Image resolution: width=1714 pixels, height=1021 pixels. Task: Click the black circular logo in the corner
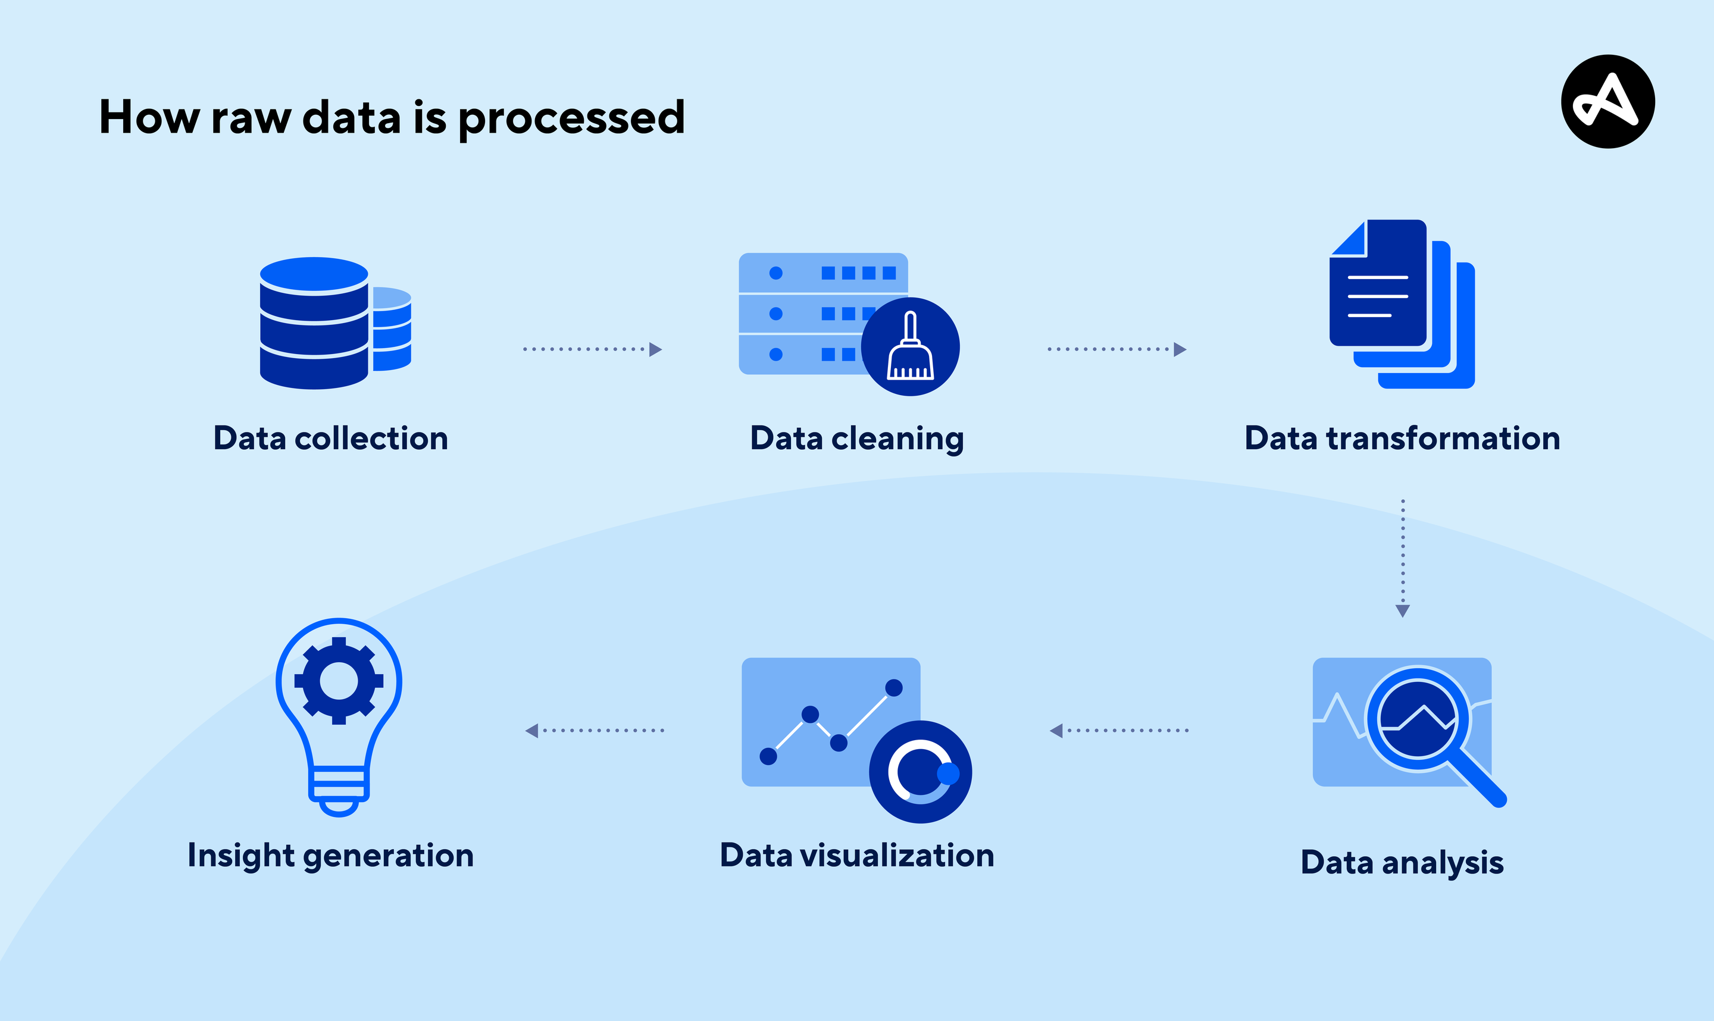1607,101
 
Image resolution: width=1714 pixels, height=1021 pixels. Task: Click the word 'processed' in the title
571,118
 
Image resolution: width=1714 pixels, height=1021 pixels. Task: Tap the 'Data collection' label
330,439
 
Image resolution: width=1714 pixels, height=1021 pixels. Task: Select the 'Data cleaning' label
856,439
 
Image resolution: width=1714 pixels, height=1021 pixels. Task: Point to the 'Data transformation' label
1402,439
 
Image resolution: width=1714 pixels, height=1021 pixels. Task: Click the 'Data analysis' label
1402,862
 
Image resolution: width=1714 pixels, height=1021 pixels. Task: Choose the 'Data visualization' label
856,855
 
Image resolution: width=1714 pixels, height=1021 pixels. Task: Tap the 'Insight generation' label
330,855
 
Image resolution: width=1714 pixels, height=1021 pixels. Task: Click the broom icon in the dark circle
911,347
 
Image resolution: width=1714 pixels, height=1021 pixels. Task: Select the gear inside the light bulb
339,681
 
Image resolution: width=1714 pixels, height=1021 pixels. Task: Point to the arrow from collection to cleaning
592,349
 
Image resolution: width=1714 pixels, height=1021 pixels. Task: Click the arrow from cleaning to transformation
1116,349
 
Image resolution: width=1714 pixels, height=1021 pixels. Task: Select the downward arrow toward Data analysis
1402,558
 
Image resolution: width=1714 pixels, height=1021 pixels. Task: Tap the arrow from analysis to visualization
1119,730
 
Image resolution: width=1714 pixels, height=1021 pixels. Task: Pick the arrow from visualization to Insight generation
595,730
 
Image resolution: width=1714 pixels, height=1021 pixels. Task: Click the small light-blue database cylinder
392,329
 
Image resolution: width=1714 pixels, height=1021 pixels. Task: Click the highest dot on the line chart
893,687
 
